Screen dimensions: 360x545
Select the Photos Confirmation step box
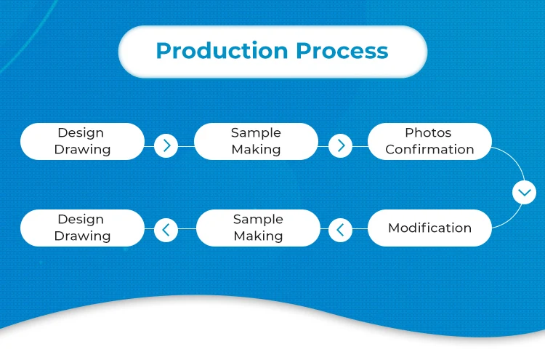pyautogui.click(x=429, y=141)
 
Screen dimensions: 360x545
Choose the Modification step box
pyautogui.click(x=429, y=228)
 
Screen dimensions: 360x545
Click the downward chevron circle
pyautogui.click(x=523, y=193)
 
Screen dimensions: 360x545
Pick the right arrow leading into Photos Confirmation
pyautogui.click(x=340, y=145)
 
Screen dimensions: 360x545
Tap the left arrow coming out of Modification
pyautogui.click(x=340, y=231)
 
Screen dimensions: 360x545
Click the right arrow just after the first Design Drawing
pyautogui.click(x=166, y=145)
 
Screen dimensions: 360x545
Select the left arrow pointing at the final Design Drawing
pyautogui.click(x=166, y=231)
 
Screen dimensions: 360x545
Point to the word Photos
pyautogui.click(x=429, y=132)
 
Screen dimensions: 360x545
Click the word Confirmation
pyautogui.click(x=429, y=150)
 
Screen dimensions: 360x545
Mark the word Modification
pyautogui.click(x=429, y=228)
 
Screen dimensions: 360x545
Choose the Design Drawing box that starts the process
pyautogui.click(x=82, y=141)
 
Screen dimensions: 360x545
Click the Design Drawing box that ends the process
pyautogui.click(x=82, y=228)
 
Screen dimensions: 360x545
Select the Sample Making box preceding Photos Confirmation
pyautogui.click(x=256, y=141)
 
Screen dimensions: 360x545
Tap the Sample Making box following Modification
pyautogui.click(x=258, y=228)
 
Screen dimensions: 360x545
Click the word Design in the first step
pyautogui.click(x=81, y=132)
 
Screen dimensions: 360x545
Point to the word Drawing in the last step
pyautogui.click(x=82, y=236)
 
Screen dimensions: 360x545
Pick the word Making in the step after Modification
pyautogui.click(x=258, y=236)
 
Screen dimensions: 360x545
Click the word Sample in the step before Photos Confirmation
pyautogui.click(x=256, y=132)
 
